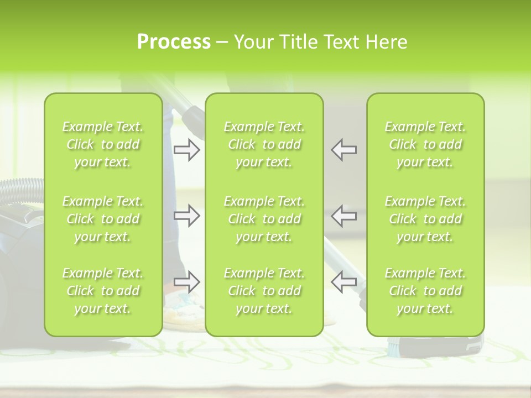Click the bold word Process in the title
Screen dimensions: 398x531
(x=174, y=42)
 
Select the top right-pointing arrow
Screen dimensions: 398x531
(x=186, y=150)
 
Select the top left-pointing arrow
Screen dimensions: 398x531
(x=343, y=150)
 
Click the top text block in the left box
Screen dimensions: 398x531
(x=103, y=144)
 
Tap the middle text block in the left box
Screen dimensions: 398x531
(x=103, y=219)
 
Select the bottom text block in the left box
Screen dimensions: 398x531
(x=103, y=291)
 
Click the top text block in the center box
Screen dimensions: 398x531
(x=264, y=144)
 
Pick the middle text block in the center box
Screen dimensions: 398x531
(x=264, y=219)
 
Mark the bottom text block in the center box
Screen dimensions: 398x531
(x=264, y=291)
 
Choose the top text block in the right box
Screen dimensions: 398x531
(x=425, y=144)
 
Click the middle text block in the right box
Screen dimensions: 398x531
(x=425, y=219)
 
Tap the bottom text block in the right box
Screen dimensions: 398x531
(x=425, y=291)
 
